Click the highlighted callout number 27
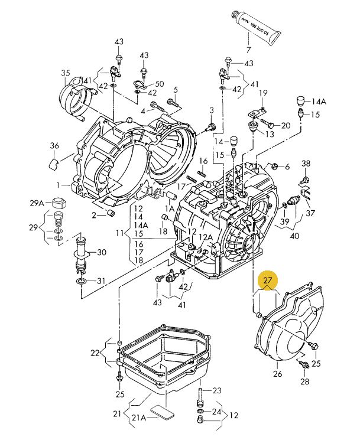[x=267, y=280]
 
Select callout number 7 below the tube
[x=248, y=50]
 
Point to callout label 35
[x=66, y=73]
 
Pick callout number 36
[x=55, y=145]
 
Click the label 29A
[x=37, y=203]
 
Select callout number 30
[x=102, y=252]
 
